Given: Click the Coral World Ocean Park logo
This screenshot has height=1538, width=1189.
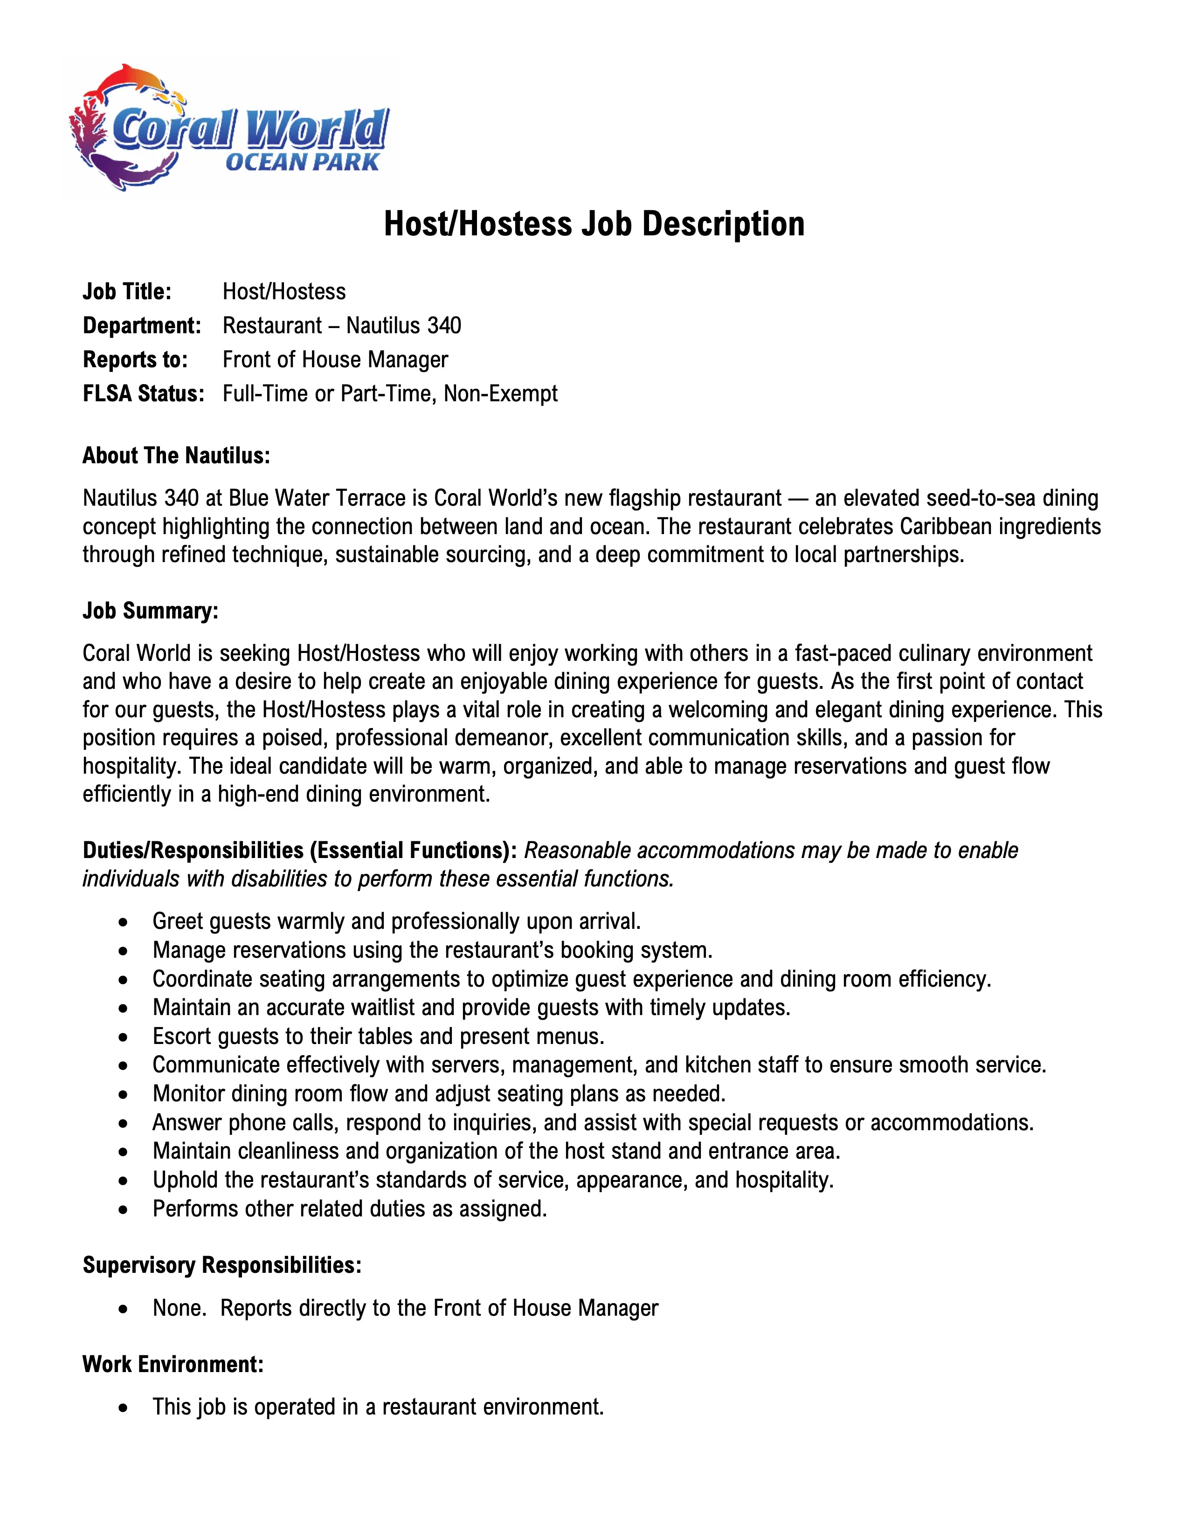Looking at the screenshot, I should [229, 128].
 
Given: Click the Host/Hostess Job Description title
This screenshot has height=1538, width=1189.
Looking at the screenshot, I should [594, 224].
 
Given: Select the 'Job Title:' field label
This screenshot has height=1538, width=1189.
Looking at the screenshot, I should [127, 292].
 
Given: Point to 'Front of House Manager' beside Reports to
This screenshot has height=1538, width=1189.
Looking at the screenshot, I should [335, 359].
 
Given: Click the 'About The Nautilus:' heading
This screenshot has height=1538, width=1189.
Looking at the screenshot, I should [176, 456].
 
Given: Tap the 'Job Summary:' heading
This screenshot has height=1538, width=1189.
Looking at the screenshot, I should [150, 611].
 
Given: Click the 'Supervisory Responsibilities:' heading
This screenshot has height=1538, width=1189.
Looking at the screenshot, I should [222, 1265].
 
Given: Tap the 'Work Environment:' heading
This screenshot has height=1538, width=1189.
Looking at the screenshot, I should [173, 1364].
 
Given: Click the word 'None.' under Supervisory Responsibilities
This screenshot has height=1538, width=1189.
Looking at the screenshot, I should [179, 1308].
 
